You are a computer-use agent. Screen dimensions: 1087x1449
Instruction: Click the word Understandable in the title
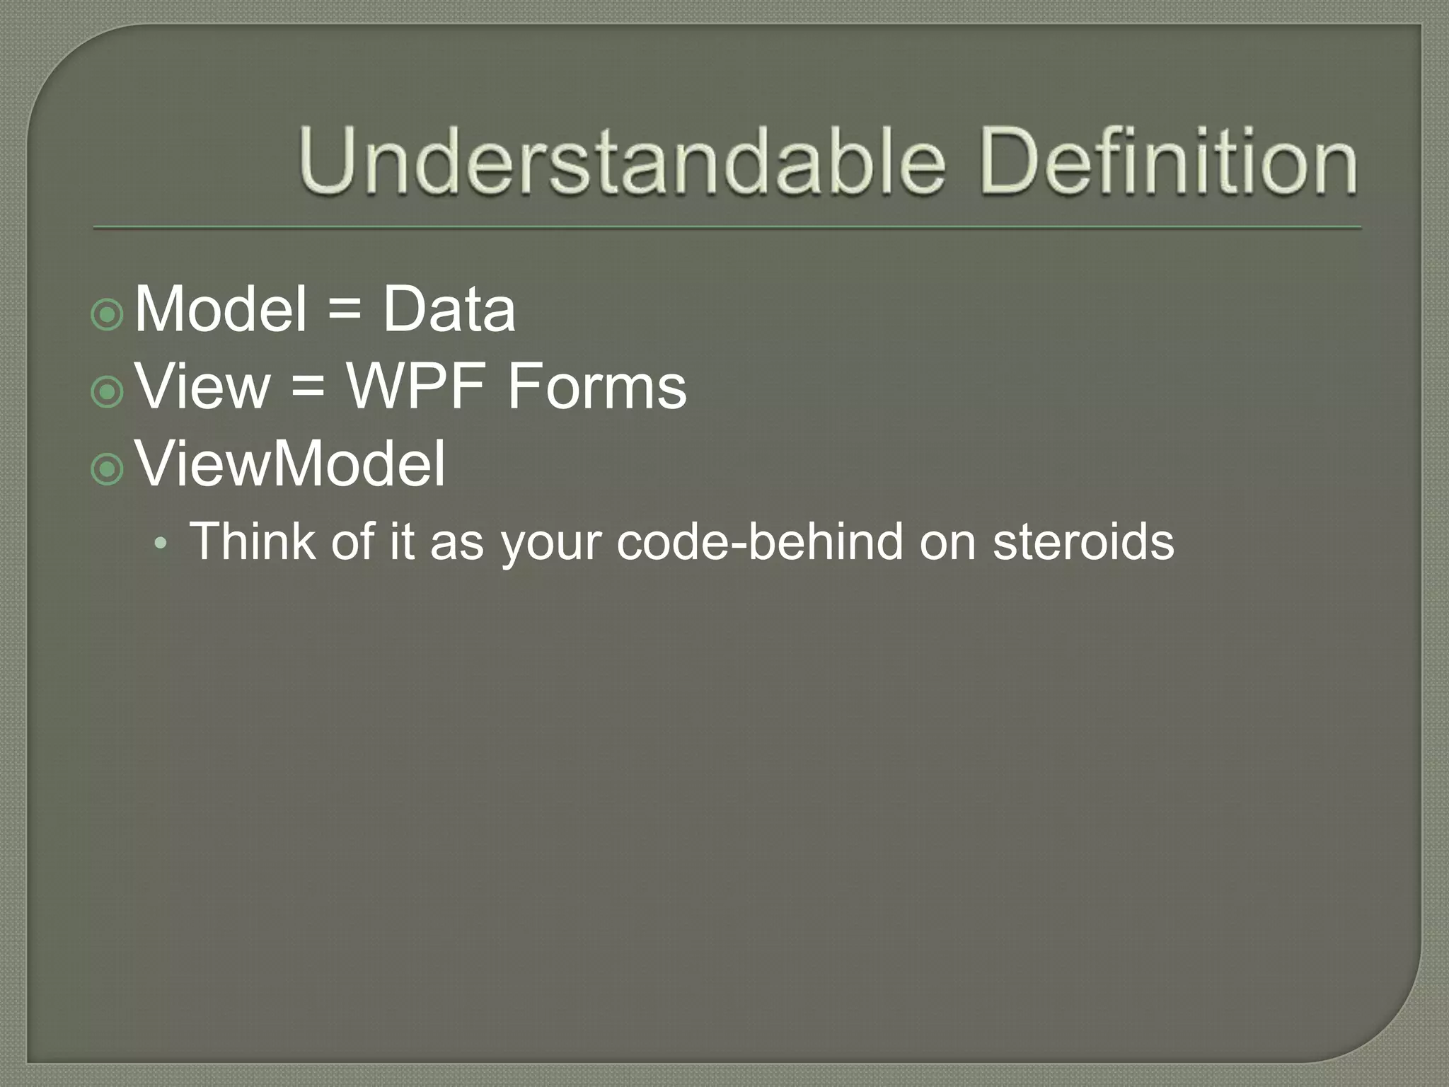621,161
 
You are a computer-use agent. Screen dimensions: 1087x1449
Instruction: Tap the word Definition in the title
1169,161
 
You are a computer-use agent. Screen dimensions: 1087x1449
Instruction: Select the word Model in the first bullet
220,309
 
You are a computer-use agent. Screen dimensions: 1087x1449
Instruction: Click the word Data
449,309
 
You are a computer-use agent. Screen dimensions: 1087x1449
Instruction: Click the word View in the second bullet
202,387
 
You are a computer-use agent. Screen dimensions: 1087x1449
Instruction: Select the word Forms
596,387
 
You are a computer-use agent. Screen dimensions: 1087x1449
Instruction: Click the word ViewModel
290,464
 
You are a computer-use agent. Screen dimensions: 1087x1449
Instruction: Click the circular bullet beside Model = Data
108,314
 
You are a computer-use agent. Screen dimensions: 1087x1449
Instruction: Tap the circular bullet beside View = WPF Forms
108,391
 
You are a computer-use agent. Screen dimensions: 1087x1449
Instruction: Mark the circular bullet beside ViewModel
108,468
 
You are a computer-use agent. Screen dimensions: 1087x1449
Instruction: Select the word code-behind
760,541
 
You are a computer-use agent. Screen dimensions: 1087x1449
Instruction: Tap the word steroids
1083,541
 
